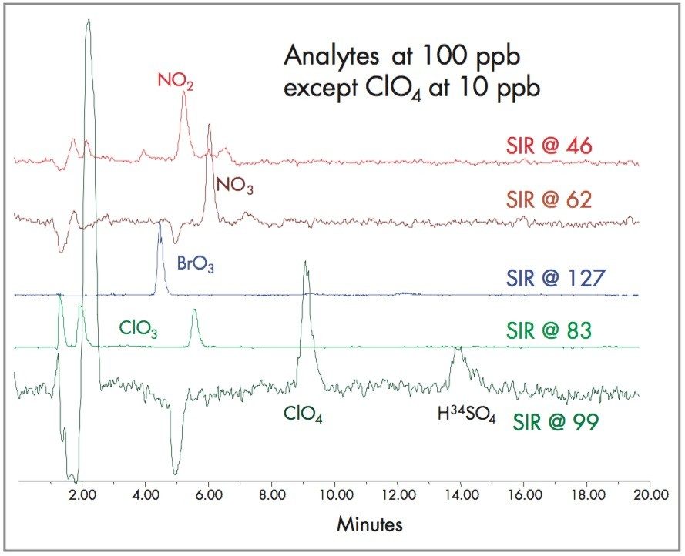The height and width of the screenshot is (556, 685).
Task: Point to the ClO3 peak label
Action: (x=139, y=327)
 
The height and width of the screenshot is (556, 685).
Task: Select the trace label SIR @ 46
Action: (x=548, y=145)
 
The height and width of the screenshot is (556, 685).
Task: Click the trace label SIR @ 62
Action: (x=548, y=199)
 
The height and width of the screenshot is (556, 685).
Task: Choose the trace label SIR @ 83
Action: (x=549, y=331)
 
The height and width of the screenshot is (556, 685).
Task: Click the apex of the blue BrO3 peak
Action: (x=159, y=223)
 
